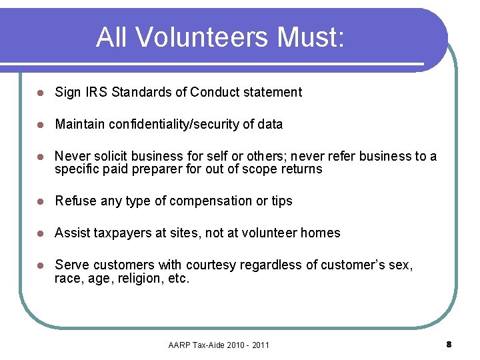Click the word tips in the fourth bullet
tap(281, 201)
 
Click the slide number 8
tap(449, 344)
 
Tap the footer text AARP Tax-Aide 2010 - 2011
tap(219, 345)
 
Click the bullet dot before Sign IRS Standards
tap(41, 93)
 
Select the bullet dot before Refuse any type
tap(41, 201)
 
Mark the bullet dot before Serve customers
tap(41, 265)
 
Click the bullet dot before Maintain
tap(41, 125)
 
